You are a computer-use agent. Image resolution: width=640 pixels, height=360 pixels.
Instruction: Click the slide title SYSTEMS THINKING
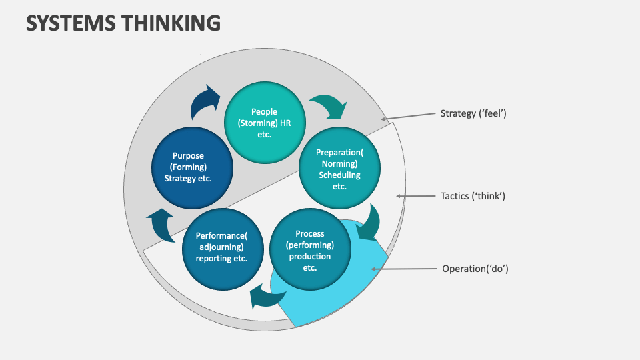click(123, 23)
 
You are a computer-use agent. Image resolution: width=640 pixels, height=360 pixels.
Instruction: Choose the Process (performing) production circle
click(309, 251)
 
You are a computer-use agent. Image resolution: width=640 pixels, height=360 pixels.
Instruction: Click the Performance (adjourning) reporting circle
click(222, 247)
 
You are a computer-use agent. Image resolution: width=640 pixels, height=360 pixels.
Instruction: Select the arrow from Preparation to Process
click(368, 223)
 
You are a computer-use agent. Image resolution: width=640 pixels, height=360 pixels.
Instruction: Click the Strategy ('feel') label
click(473, 113)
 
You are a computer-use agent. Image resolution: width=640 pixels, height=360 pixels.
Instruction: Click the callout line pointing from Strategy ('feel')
click(408, 117)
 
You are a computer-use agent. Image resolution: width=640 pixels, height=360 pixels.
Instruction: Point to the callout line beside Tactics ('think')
click(416, 196)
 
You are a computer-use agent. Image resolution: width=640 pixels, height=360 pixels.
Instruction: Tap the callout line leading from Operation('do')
click(403, 269)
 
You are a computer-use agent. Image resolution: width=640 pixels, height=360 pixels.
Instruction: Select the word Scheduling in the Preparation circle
click(339, 175)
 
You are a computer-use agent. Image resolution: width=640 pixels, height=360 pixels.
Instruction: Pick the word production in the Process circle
click(309, 257)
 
